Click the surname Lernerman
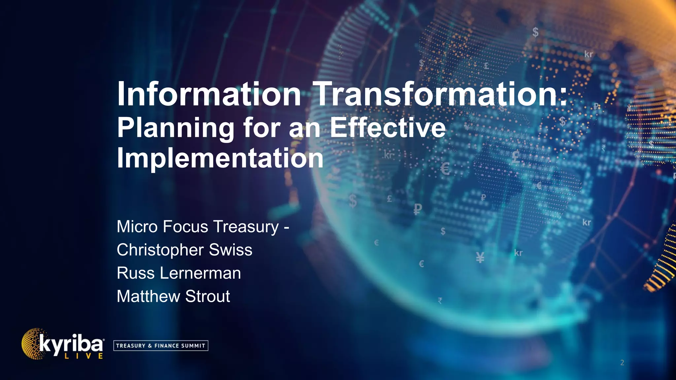200,273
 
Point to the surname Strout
208,296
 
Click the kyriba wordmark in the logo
71,344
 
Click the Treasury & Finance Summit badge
161,346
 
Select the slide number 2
622,363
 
